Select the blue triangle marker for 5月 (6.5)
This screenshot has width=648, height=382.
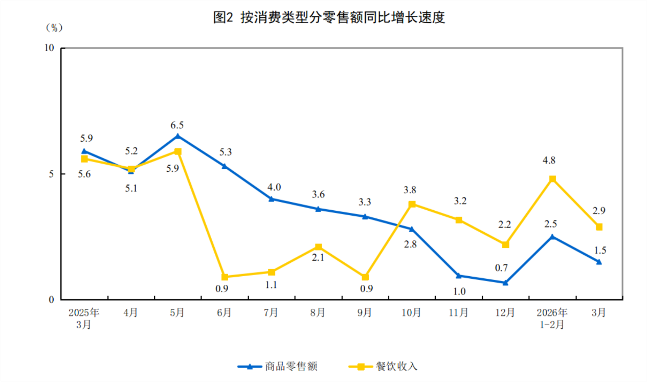point(177,136)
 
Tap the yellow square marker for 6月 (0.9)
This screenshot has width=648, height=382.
point(225,277)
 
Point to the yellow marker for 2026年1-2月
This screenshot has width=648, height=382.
point(552,179)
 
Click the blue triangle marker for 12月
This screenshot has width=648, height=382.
point(505,282)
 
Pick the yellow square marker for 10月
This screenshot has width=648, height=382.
point(412,204)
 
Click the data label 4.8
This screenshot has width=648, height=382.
point(549,160)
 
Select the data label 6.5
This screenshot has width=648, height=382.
point(177,125)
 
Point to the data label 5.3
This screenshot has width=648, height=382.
point(225,152)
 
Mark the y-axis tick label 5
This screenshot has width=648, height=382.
point(51,174)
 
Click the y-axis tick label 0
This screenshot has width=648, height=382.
point(51,300)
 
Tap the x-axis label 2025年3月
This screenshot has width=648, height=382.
point(84,318)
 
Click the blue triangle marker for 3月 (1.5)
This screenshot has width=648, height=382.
point(599,262)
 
